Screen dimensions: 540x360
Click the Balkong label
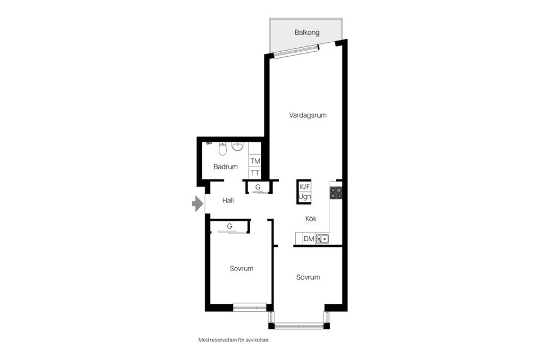point(307,33)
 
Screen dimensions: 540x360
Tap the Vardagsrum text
point(308,115)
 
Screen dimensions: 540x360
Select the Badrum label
point(226,166)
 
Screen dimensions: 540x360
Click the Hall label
point(228,200)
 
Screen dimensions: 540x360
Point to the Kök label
point(311,218)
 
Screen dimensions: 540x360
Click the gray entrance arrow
point(197,203)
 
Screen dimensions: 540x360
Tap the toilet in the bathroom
point(223,148)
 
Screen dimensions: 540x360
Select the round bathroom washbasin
point(237,146)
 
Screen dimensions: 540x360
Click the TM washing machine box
point(255,161)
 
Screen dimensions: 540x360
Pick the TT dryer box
point(255,173)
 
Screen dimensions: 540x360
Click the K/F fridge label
point(304,187)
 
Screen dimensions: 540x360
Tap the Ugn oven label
point(304,197)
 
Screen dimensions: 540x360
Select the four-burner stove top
point(336,193)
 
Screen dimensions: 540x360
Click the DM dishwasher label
point(309,238)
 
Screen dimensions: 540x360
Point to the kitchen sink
point(322,238)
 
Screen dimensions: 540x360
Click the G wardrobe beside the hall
point(258,187)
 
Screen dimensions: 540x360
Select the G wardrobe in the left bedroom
point(229,226)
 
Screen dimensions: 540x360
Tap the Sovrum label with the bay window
point(308,277)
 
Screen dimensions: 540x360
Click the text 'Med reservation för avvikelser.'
point(234,340)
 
